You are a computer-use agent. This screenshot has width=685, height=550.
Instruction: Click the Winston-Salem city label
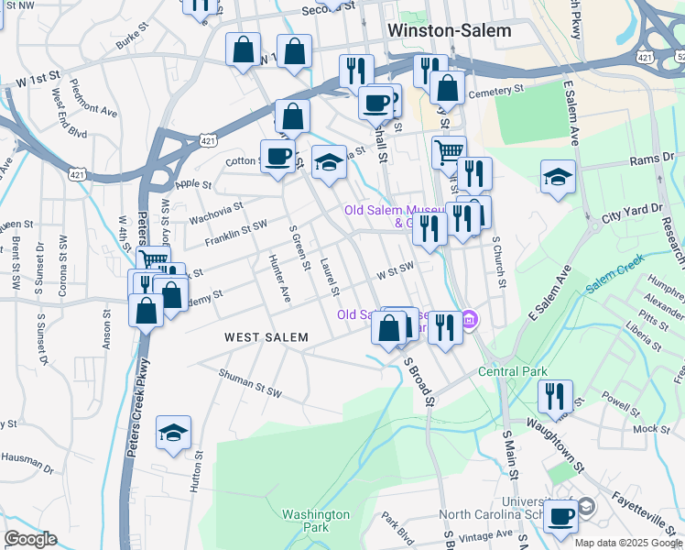pos(449,29)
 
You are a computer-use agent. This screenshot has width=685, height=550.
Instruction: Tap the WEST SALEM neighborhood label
pos(266,338)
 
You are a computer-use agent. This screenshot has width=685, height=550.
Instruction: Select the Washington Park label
pos(316,521)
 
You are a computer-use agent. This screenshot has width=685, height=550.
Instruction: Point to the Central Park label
pos(512,372)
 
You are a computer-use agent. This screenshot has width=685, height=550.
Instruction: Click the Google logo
pos(30,539)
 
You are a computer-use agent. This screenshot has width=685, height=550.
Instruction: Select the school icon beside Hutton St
pos(173,433)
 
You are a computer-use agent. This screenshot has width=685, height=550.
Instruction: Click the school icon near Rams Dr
pos(557,176)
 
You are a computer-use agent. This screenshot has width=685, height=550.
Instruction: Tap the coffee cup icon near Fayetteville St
pos(560,514)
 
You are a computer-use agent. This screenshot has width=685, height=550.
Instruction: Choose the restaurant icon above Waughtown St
pos(555,395)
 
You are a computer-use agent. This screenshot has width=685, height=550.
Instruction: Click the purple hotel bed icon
pos(470,320)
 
